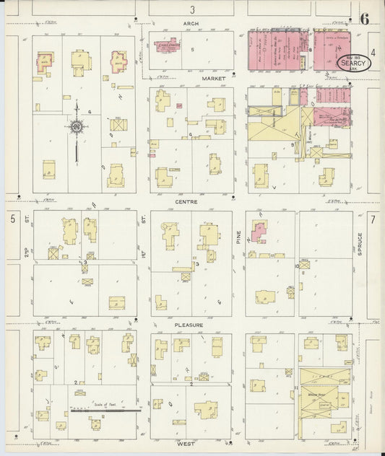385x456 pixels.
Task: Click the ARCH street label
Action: (191, 24)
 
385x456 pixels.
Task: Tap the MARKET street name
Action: (214, 77)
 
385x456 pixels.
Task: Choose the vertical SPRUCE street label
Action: (359, 244)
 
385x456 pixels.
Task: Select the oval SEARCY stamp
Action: (354, 63)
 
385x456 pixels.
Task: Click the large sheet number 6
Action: (365, 19)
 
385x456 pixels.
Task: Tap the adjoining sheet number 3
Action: (193, 9)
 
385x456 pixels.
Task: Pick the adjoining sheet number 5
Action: (12, 219)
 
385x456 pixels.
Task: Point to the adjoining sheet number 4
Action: (373, 52)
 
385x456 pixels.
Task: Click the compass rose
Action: (75, 127)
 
